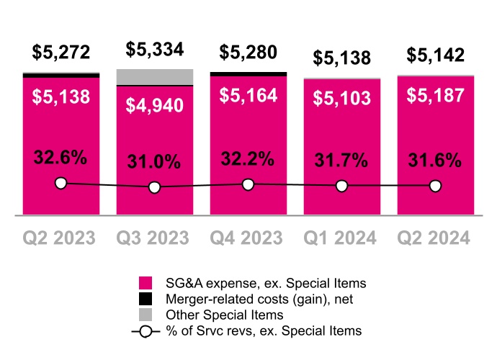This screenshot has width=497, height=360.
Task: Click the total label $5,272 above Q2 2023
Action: [x=61, y=53]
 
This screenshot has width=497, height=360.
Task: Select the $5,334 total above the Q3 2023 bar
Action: [x=155, y=50]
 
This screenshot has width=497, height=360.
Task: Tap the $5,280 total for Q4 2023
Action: [x=248, y=53]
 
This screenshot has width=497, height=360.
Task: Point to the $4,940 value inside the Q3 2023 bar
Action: [x=155, y=106]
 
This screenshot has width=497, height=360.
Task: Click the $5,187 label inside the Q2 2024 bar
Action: [x=435, y=95]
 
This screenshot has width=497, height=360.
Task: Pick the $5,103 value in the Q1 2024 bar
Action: [x=342, y=99]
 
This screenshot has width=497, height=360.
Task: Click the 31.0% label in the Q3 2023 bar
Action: [x=155, y=162]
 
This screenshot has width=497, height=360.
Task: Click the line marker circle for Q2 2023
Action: [x=61, y=184]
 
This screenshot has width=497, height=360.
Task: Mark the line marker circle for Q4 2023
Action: [x=248, y=185]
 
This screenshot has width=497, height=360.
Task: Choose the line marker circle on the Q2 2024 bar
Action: [x=435, y=186]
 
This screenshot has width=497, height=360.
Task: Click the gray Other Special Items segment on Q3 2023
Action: [x=155, y=77]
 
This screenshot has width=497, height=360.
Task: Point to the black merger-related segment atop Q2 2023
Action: [x=61, y=75]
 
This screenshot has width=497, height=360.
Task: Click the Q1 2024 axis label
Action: [x=342, y=238]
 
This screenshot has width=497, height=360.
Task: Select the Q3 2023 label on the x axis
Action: [x=155, y=238]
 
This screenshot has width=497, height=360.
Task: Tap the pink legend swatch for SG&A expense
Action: [x=145, y=282]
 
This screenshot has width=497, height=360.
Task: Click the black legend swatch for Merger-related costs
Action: [x=145, y=298]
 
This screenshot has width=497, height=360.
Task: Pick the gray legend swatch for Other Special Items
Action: [x=145, y=315]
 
